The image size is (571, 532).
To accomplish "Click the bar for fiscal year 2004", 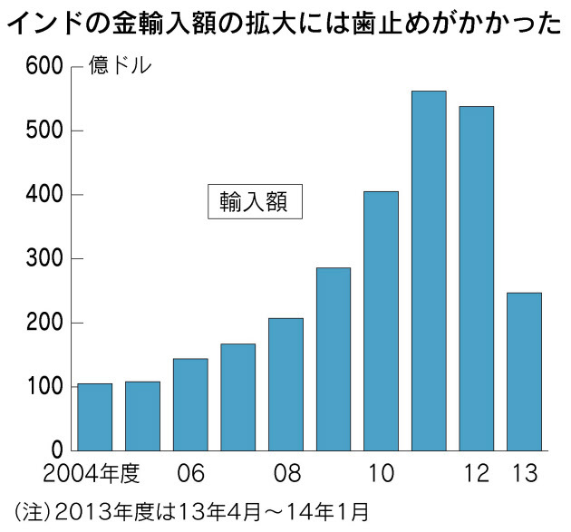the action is [95, 417].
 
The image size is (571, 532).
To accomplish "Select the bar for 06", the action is [190, 404].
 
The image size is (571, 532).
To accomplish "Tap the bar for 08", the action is [285, 384].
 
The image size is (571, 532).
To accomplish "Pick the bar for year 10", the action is [382, 321].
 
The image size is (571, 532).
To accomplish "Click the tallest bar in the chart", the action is [429, 271].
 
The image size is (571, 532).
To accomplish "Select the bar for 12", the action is [477, 278].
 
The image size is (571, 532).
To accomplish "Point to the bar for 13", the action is [525, 372].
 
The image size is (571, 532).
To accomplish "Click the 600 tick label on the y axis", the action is [44, 67].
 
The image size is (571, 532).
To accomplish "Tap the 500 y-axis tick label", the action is [44, 131].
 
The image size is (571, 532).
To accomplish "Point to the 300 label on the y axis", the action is [44, 258].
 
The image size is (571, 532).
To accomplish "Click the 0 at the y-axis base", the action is [57, 450].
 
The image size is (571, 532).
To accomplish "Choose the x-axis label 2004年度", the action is [92, 473].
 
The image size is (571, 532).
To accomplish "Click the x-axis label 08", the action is [287, 473].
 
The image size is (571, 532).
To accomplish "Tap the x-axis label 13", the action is [525, 473].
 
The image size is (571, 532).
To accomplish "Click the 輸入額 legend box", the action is [255, 201].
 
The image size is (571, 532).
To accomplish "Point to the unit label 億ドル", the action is [120, 65].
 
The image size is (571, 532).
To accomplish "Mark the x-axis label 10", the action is [382, 473].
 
